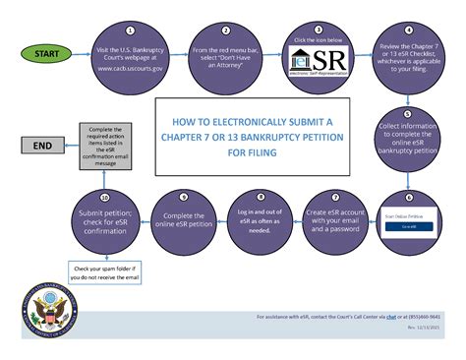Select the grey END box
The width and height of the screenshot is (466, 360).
42,146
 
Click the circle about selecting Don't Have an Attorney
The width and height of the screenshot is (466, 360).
225,58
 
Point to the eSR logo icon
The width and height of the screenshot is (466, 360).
318,64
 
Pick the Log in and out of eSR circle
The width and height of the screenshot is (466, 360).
260,217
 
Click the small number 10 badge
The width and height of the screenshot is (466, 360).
105,196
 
